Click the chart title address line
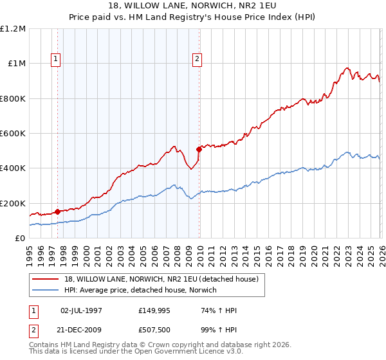point(193,6)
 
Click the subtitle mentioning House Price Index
point(193,17)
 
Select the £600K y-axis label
point(13,134)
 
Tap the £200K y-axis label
point(13,203)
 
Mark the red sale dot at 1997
point(58,212)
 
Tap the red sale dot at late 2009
point(199,149)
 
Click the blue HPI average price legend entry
point(139,290)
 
